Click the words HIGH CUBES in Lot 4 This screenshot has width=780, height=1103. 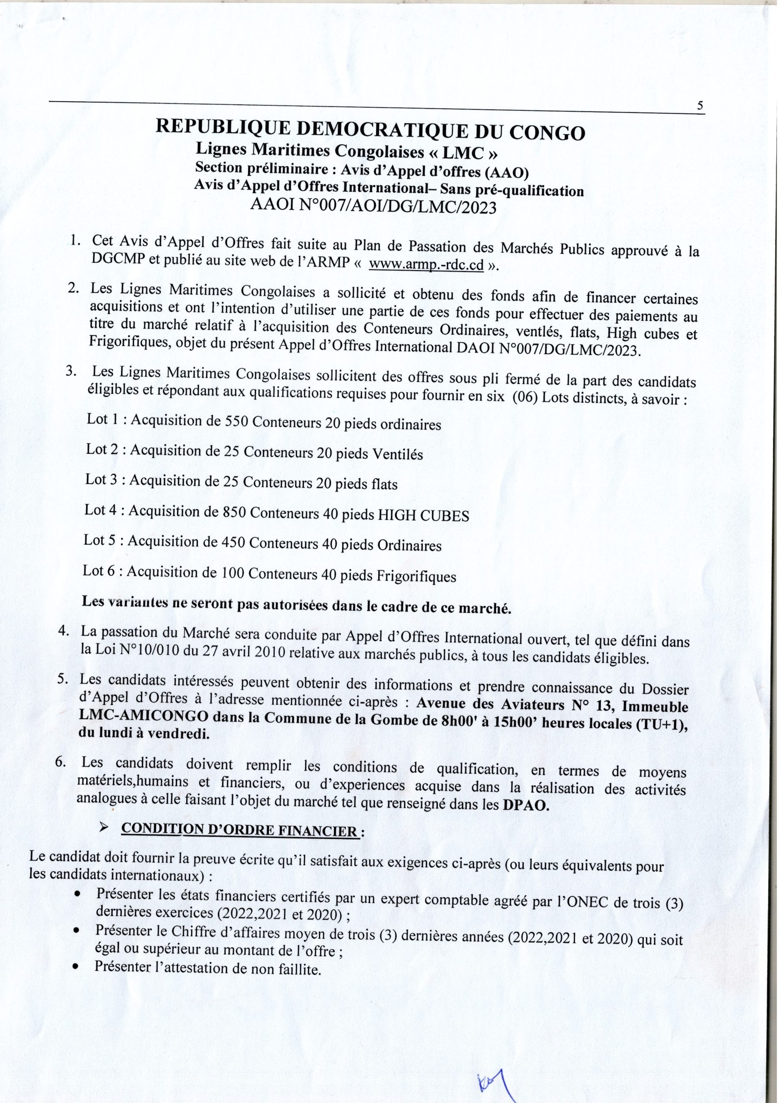click(x=424, y=516)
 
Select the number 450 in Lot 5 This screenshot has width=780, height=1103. click(x=234, y=542)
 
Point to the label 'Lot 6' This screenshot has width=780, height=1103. click(x=98, y=571)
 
